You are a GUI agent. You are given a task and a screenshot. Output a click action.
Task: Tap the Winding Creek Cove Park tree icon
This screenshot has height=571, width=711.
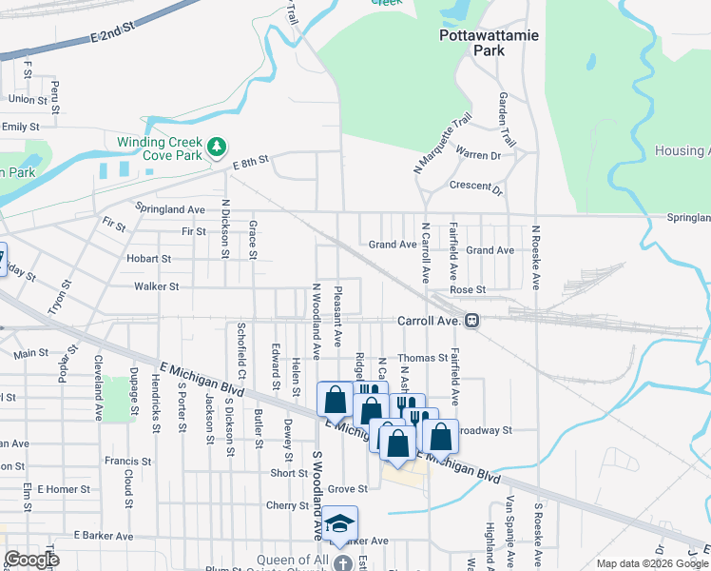tap(219, 146)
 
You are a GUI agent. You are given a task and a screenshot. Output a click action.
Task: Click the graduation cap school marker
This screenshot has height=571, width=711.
tap(339, 523)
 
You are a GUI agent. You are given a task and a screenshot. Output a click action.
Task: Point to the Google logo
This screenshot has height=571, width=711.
tap(31, 560)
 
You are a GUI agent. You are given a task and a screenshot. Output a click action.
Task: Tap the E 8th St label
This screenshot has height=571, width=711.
tap(251, 164)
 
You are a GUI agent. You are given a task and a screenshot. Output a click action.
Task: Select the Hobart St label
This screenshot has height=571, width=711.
tap(148, 258)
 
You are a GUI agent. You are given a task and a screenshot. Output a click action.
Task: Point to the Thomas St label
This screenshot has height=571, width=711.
tap(422, 358)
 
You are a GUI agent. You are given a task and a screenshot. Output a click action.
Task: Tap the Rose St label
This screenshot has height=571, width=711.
tap(468, 289)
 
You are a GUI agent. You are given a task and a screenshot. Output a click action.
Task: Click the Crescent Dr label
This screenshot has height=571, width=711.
tap(476, 187)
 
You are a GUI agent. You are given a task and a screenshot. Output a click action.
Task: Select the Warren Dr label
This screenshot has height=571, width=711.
tap(477, 154)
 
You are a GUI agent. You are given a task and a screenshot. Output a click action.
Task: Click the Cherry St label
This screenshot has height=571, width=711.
tap(288, 505)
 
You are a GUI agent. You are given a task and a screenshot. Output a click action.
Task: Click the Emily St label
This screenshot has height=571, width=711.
tap(20, 126)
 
